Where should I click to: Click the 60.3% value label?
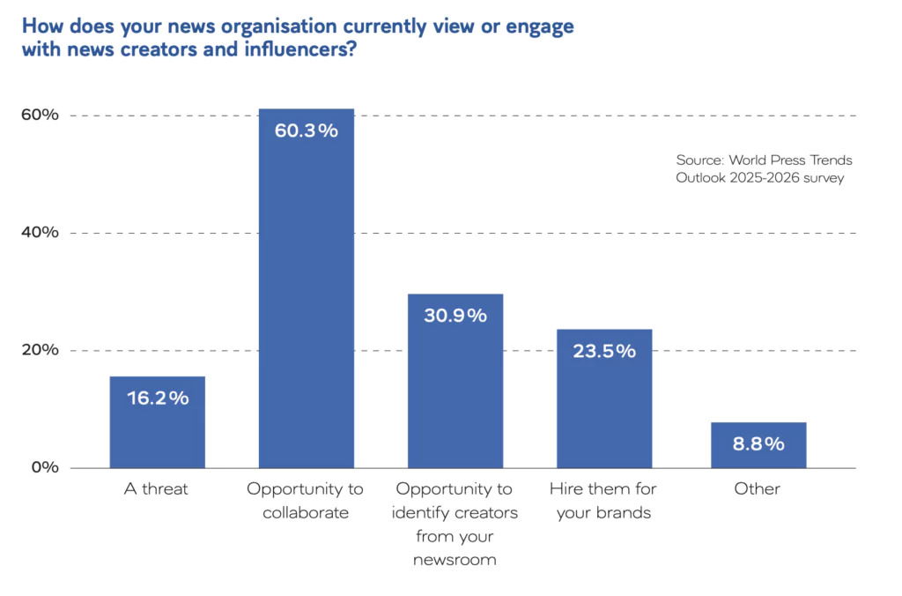pos(306,130)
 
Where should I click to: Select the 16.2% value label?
pos(157,399)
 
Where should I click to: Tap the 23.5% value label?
pos(604,351)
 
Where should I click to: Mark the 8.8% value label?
pos(758,444)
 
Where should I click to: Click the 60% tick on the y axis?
pos(39,115)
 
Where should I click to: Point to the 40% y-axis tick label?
pos(39,233)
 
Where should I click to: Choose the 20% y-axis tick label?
pos(39,350)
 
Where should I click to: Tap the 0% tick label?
pos(42,467)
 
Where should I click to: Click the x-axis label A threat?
pos(156,488)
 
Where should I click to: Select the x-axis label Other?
pos(758,488)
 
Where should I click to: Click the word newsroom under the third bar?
pos(455,559)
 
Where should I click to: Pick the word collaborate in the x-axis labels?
pos(306,512)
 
